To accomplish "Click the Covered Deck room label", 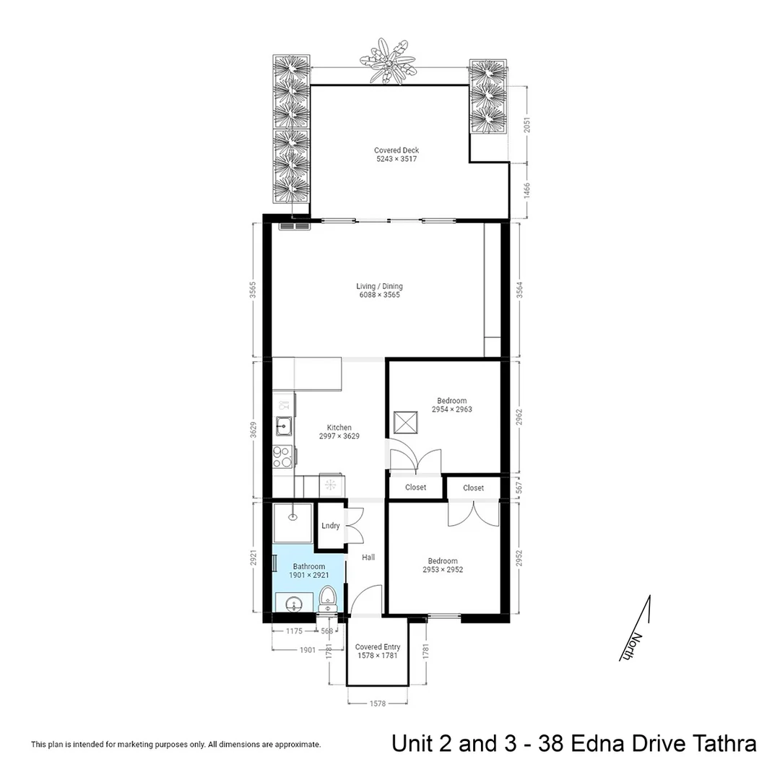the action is (x=396, y=155).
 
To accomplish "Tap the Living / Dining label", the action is (x=379, y=290).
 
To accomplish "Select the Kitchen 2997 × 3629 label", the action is (x=339, y=432).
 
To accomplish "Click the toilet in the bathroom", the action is (x=327, y=599).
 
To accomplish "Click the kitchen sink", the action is (x=284, y=425).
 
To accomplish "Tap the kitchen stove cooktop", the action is (x=281, y=456).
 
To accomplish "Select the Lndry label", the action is (x=330, y=525).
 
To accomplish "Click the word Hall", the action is (x=368, y=557).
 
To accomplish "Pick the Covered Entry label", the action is (x=378, y=646).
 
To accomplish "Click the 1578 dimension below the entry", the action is (x=378, y=703).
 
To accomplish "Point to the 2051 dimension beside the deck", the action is (x=527, y=124).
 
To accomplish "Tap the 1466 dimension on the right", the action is (x=527, y=191).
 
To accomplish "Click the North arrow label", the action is (x=629, y=646).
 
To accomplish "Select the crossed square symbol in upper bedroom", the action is (x=405, y=422).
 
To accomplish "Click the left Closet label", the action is (x=415, y=487).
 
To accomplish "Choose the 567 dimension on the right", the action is (x=519, y=487).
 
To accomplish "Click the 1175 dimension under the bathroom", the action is (x=294, y=630).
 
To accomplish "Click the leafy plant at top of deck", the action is (x=388, y=61).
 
